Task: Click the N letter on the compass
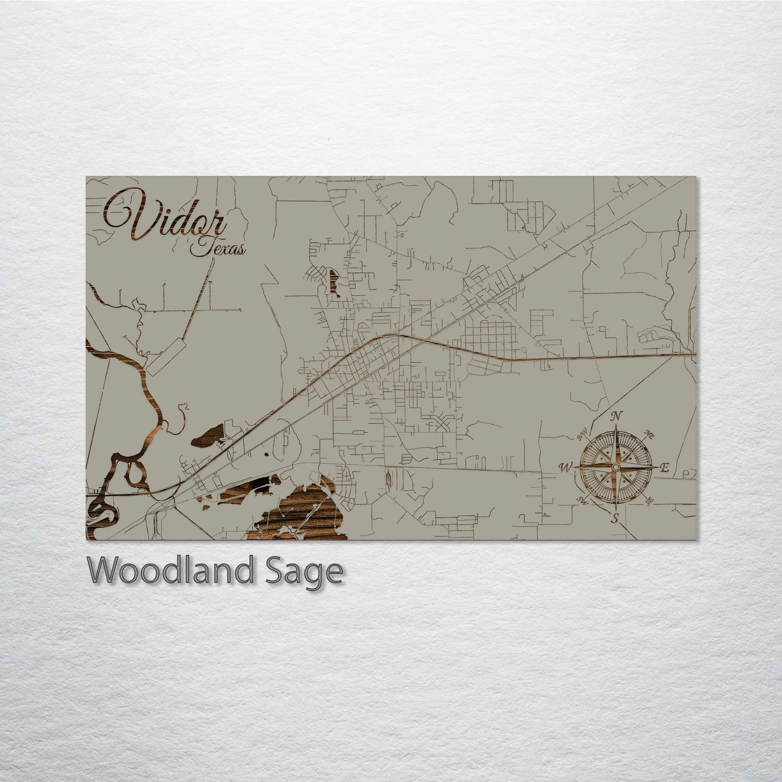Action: point(615,416)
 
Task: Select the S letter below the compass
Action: point(615,518)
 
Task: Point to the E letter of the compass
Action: point(665,469)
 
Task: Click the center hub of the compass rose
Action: point(615,467)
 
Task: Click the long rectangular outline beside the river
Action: point(166,357)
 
